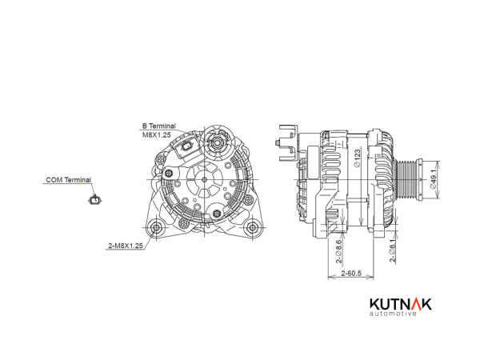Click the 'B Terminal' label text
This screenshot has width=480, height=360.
[x=159, y=126]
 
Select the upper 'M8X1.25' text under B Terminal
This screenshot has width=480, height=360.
[x=157, y=134]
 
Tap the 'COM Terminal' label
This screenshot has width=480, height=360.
[x=69, y=180]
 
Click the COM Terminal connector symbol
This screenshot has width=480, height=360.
[x=95, y=200]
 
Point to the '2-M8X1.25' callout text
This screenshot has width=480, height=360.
[x=126, y=246]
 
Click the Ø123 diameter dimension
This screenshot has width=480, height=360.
[x=358, y=158]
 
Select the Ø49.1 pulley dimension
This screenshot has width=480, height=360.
[x=433, y=178]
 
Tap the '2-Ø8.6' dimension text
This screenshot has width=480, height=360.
[x=338, y=251]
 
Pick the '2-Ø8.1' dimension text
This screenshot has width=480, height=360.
[x=392, y=250]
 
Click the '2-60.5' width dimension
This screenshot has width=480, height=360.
[x=351, y=273]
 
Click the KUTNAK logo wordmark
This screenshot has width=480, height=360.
[x=401, y=304]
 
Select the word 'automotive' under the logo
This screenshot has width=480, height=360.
[x=393, y=314]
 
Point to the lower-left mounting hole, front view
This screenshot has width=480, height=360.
[x=157, y=227]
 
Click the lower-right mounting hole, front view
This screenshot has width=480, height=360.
[x=252, y=227]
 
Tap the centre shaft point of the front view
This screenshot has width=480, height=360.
[x=204, y=179]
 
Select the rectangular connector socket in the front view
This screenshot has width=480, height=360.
[x=186, y=147]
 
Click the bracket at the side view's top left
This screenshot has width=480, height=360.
[x=288, y=142]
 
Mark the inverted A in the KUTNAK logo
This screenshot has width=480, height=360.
[x=413, y=304]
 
